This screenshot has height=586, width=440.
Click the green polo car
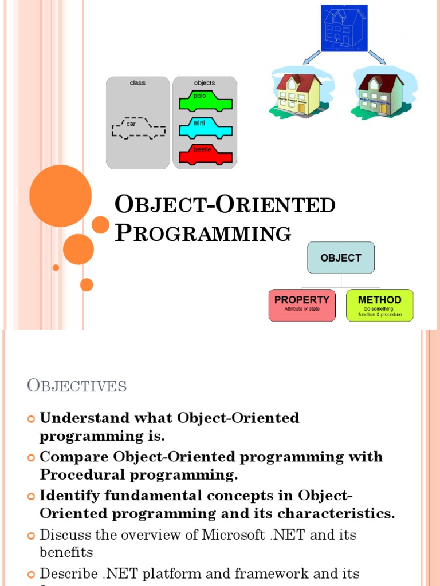pyautogui.click(x=205, y=101)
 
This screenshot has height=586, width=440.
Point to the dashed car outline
pyautogui.click(x=138, y=128)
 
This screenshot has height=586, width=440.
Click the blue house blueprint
pyautogui.click(x=343, y=27)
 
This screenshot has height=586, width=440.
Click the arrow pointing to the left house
pyautogui.click(x=311, y=57)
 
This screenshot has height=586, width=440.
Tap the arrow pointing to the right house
pyautogui.click(x=376, y=57)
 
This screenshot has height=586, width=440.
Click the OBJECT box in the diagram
pyautogui.click(x=341, y=258)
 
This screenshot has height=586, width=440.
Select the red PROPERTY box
pyautogui.click(x=302, y=304)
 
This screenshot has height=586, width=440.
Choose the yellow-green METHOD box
pyautogui.click(x=379, y=304)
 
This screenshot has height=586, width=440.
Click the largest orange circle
pyautogui.click(x=60, y=196)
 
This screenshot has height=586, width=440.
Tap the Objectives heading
pyautogui.click(x=77, y=386)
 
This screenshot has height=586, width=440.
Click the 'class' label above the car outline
pyautogui.click(x=137, y=83)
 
